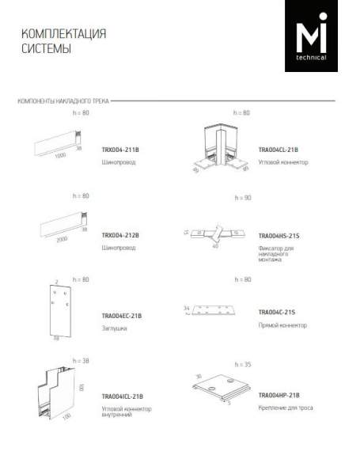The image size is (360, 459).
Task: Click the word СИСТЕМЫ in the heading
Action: (x=46, y=49)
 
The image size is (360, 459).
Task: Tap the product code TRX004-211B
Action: (x=120, y=149)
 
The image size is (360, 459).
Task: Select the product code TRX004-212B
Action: (x=120, y=236)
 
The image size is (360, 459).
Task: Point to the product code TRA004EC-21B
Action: (x=122, y=316)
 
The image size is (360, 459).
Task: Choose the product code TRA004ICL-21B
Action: (x=123, y=396)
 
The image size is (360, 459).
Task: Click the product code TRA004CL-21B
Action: (x=279, y=149)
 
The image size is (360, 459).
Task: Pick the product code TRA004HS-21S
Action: (x=279, y=236)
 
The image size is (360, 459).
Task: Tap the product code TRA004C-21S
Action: (x=277, y=312)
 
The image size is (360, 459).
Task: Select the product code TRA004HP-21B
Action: (x=279, y=394)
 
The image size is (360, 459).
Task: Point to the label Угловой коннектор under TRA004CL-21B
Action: (x=283, y=161)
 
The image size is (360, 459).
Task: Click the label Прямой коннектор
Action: (x=283, y=324)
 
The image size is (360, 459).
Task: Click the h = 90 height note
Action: (x=242, y=197)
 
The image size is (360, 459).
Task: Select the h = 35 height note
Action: (x=242, y=364)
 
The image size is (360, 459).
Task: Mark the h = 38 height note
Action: (x=81, y=360)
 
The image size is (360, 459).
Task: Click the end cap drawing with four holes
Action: (x=54, y=309)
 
